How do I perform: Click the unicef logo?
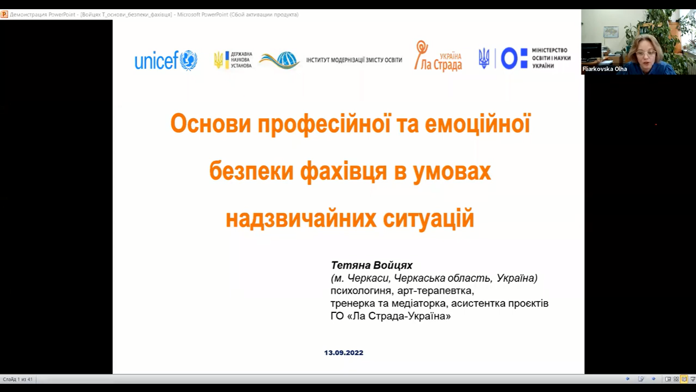click(x=166, y=60)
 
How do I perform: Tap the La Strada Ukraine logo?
click(x=438, y=56)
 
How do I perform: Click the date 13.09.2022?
click(x=343, y=353)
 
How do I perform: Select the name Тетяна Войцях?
click(x=371, y=265)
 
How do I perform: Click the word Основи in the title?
click(x=210, y=124)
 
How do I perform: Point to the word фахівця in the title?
click(x=343, y=171)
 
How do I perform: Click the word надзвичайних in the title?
click(x=301, y=218)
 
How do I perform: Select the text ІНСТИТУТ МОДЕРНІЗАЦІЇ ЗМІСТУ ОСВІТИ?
click(x=354, y=60)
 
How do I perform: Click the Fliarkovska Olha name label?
click(x=604, y=69)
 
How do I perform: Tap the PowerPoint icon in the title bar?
click(x=5, y=15)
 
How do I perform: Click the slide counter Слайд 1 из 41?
click(x=18, y=379)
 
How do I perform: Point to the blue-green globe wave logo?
click(x=279, y=60)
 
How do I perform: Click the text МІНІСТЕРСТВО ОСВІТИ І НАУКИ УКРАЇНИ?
click(x=551, y=58)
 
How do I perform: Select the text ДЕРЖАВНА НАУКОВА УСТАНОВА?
click(x=241, y=60)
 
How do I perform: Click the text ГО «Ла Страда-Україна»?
click(x=391, y=316)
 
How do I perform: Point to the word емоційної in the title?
click(x=477, y=124)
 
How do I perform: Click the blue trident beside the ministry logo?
click(x=484, y=58)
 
